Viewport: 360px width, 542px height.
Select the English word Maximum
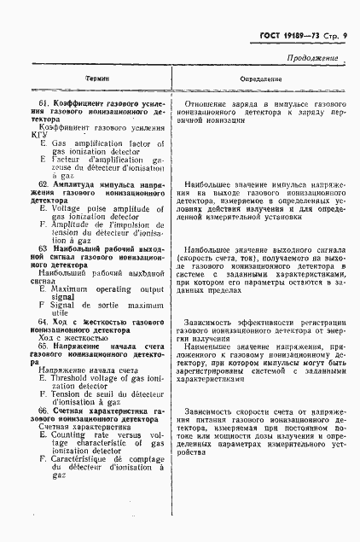pyautogui.click(x=72, y=289)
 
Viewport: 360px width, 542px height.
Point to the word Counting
pyautogui.click(x=73, y=434)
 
